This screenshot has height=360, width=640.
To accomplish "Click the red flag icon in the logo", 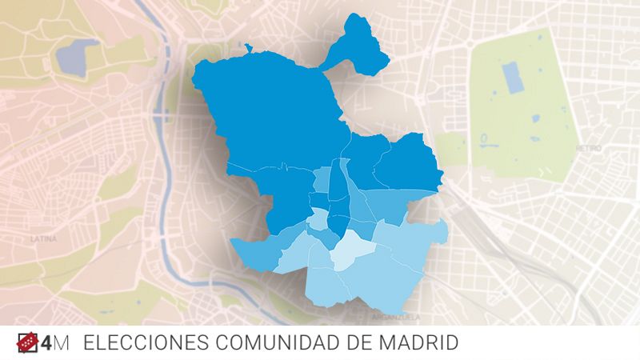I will pos(29,343).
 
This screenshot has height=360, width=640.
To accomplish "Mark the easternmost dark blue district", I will pos(408,164).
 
